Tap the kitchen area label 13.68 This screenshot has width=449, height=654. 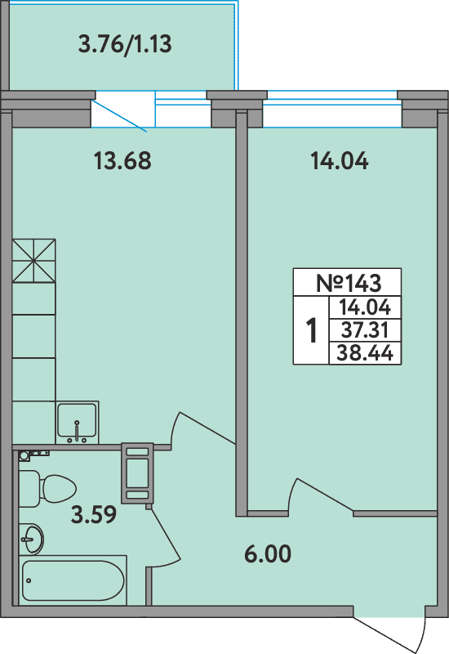[x=122, y=161]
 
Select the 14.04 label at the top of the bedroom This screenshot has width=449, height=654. [x=339, y=161]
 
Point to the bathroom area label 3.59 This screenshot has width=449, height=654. [x=93, y=515]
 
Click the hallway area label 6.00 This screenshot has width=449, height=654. [x=268, y=554]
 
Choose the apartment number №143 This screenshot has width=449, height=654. [x=348, y=283]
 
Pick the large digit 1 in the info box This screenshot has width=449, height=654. [x=311, y=331]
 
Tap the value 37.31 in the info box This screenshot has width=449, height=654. [x=365, y=330]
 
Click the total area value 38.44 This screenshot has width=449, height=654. [x=365, y=353]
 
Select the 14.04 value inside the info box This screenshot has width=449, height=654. [x=365, y=307]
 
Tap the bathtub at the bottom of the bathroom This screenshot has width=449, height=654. [x=73, y=581]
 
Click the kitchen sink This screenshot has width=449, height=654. [x=77, y=422]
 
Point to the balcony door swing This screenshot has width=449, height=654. [x=122, y=114]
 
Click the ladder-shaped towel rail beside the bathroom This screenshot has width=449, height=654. [x=137, y=473]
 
